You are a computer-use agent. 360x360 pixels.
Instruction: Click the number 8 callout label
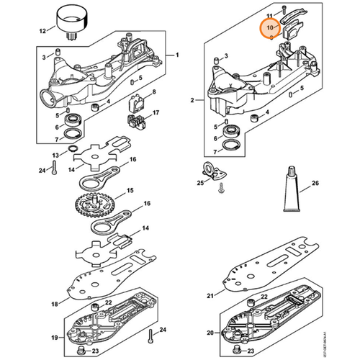152,93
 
